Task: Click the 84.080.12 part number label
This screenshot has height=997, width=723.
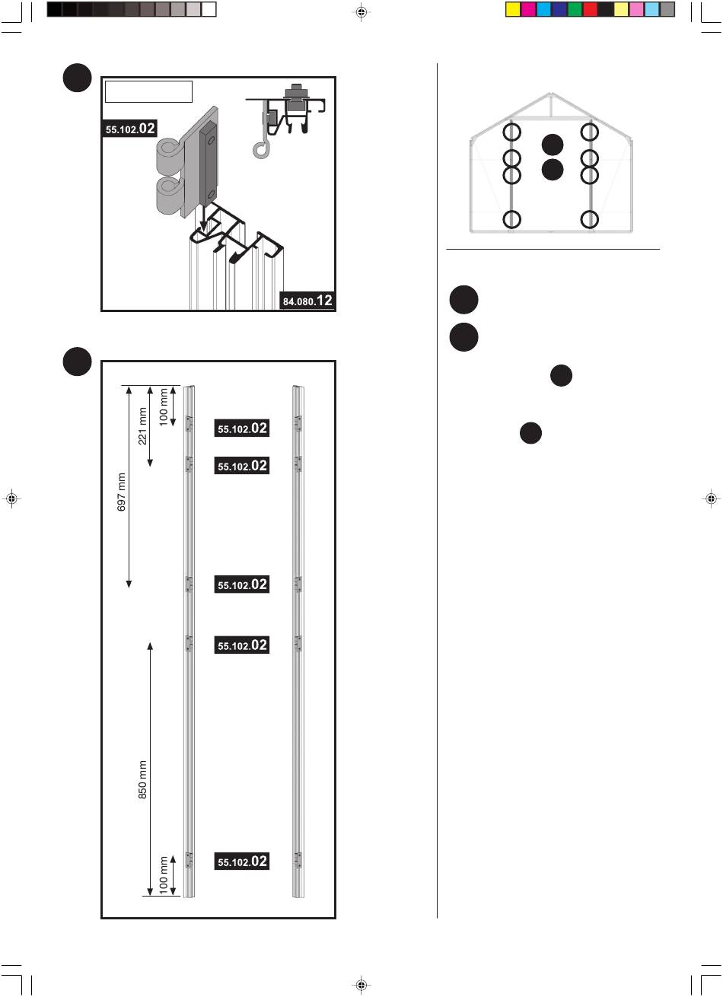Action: (x=307, y=301)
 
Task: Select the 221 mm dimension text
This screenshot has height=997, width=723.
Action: (x=143, y=426)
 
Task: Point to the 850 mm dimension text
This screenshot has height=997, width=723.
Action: (x=143, y=779)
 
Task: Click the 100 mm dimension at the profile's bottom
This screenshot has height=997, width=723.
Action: (x=164, y=876)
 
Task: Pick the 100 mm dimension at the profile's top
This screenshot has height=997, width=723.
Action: (x=164, y=406)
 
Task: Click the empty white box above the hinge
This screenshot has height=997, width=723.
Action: (x=148, y=92)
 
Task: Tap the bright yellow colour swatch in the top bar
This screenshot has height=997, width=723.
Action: (x=513, y=9)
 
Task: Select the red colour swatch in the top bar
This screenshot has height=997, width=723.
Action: (x=590, y=9)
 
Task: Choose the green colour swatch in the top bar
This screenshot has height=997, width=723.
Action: (x=575, y=9)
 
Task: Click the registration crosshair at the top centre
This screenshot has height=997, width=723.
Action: (x=361, y=12)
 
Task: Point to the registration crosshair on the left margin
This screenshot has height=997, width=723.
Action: (x=11, y=498)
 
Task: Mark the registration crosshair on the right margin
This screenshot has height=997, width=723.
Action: (x=711, y=498)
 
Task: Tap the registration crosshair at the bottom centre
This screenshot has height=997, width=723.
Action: (x=361, y=985)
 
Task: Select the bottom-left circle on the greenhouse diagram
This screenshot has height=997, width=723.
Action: (x=511, y=219)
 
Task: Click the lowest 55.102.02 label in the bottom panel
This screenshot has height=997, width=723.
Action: (x=242, y=862)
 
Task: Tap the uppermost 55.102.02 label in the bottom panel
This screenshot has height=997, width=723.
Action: (x=242, y=428)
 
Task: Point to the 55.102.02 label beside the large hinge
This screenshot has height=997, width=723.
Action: (x=129, y=129)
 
